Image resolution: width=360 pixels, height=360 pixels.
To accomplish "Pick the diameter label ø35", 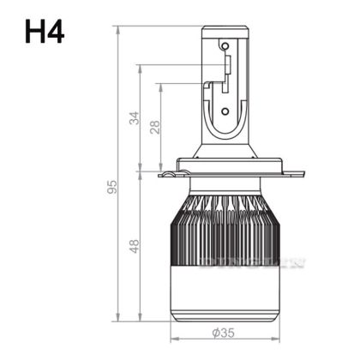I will tap(225, 333).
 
